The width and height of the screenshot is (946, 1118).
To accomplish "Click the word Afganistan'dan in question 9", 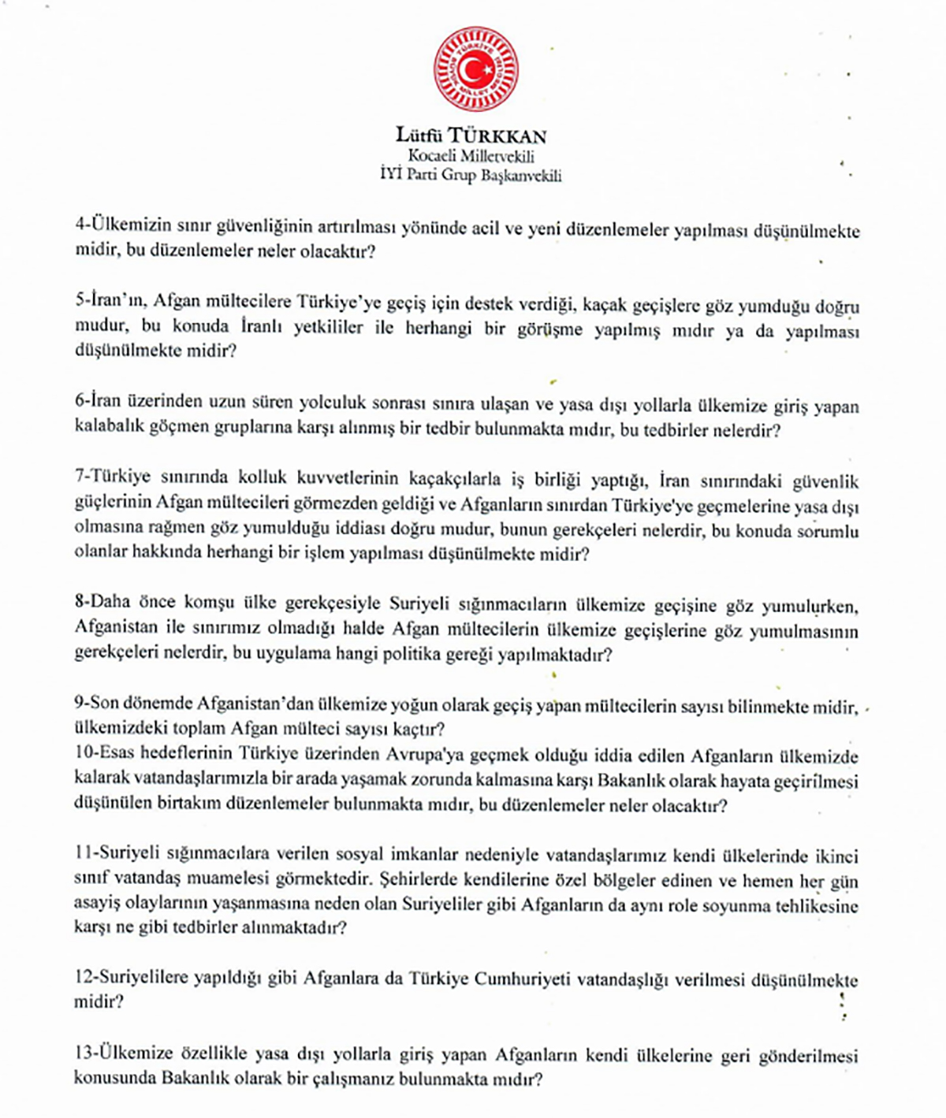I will click(x=251, y=704).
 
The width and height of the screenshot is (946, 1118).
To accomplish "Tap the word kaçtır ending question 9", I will click(x=419, y=727).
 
